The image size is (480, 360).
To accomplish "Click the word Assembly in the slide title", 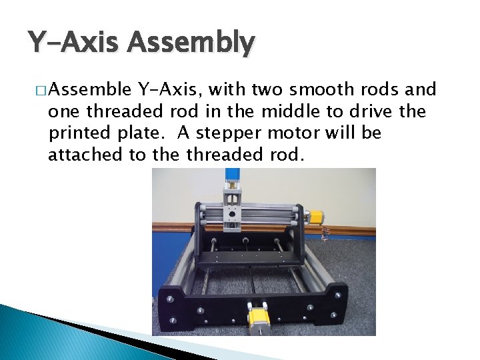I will [x=191, y=43].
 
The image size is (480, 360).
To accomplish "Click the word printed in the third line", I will [x=78, y=133].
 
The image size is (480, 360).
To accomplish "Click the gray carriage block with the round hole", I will [x=231, y=213].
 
